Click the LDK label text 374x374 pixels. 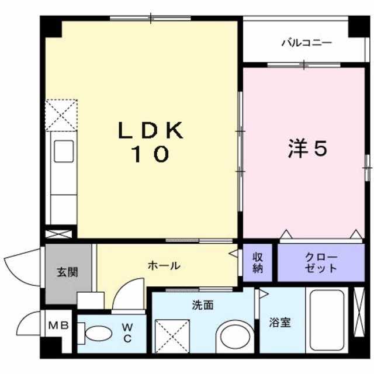pyautogui.click(x=151, y=130)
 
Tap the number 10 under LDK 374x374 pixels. pyautogui.click(x=150, y=154)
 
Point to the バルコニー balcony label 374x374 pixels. pyautogui.click(x=306, y=43)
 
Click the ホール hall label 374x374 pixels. pyautogui.click(x=164, y=266)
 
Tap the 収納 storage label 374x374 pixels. pyautogui.click(x=258, y=262)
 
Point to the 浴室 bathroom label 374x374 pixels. pyautogui.click(x=280, y=322)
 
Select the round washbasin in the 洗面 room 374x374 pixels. pyautogui.click(x=233, y=337)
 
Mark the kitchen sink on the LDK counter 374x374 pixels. pyautogui.click(x=64, y=152)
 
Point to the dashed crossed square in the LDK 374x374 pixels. pyautogui.click(x=62, y=113)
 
